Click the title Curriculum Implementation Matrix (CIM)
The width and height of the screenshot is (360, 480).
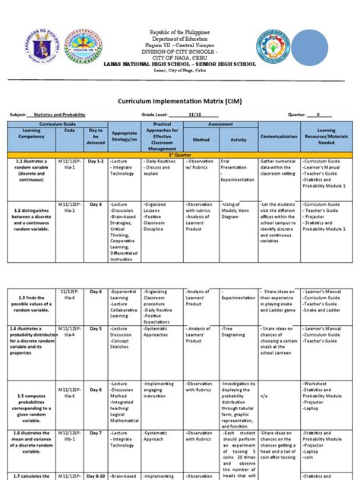point(180,99)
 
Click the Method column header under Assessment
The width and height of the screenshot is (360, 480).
point(201,140)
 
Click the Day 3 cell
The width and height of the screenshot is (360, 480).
point(95,204)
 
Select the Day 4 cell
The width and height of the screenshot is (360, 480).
point(95,292)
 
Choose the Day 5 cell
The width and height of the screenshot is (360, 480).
point(95,328)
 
